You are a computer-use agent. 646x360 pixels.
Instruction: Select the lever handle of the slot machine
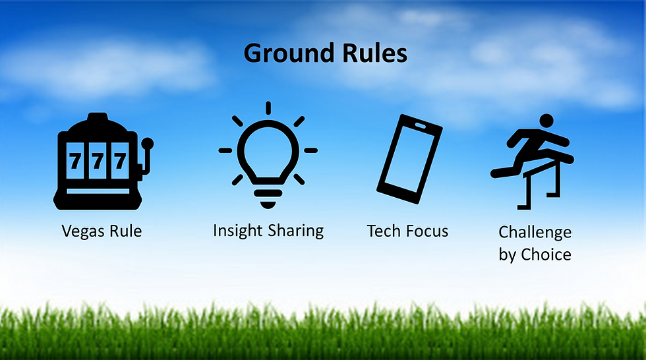click(148, 142)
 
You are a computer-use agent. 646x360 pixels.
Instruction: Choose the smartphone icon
click(409, 155)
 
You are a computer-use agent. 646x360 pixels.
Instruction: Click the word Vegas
click(85, 231)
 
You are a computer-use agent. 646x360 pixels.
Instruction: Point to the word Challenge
click(535, 232)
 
